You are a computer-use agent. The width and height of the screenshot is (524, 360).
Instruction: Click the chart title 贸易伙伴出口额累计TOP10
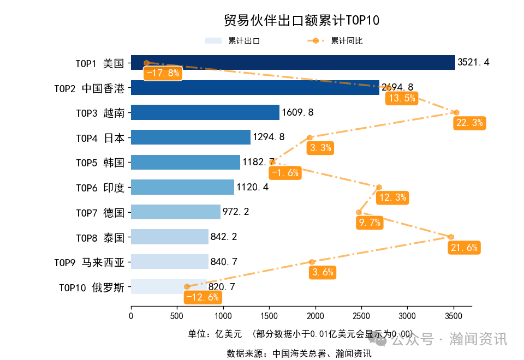pos(301,21)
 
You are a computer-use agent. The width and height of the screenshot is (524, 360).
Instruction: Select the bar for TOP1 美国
pos(293,63)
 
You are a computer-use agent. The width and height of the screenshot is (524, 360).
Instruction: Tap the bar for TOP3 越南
pos(205,112)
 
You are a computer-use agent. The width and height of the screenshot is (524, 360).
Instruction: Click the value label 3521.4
pos(473,63)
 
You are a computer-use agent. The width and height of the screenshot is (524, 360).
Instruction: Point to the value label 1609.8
pos(297,112)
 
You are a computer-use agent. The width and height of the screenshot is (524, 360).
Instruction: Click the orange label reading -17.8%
pos(162,73)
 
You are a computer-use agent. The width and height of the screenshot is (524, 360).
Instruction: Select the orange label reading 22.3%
pos(469,123)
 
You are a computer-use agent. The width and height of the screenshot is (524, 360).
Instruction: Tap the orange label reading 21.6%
pos(464,248)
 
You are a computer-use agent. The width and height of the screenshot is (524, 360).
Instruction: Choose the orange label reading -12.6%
pos(203,297)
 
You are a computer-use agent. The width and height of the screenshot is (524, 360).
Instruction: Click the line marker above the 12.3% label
pos(379,187)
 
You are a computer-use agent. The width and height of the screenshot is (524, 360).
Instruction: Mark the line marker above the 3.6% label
pos(312,262)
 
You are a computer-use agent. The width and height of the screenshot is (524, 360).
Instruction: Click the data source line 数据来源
pos(299,353)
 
